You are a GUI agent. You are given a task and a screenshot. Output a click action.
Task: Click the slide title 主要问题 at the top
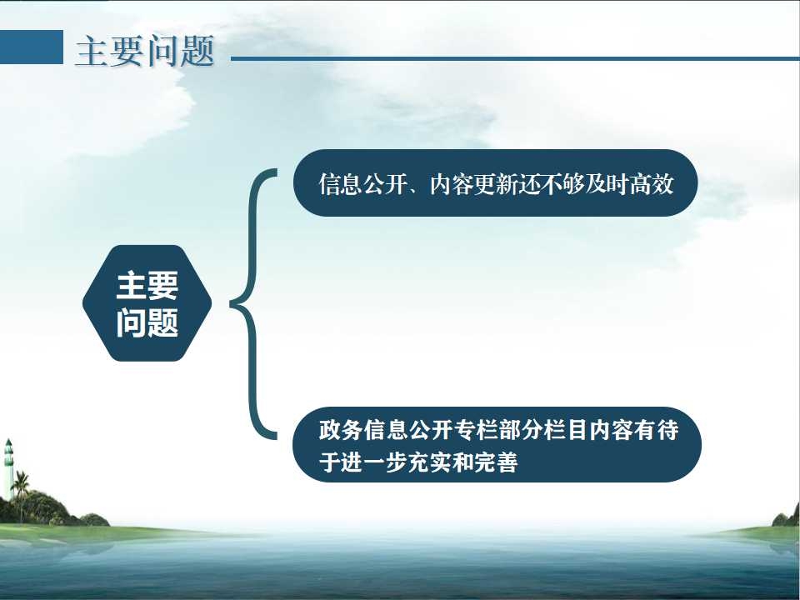(145, 51)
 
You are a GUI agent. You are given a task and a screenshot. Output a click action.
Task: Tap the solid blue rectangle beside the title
(32, 47)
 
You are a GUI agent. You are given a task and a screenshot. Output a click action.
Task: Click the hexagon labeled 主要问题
(147, 303)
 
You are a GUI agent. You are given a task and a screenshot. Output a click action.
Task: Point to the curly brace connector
(253, 304)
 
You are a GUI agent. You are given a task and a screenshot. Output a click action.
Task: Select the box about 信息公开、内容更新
(495, 182)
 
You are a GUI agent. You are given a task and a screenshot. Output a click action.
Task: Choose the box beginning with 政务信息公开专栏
(497, 444)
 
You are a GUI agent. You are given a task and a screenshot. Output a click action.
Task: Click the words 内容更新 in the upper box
(473, 183)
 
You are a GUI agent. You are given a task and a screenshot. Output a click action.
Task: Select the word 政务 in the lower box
(341, 430)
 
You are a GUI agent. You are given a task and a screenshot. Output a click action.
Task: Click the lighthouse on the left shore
(8, 469)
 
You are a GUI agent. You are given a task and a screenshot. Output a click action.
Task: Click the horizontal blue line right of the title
(515, 58)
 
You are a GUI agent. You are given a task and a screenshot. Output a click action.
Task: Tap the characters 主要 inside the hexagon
(147, 285)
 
